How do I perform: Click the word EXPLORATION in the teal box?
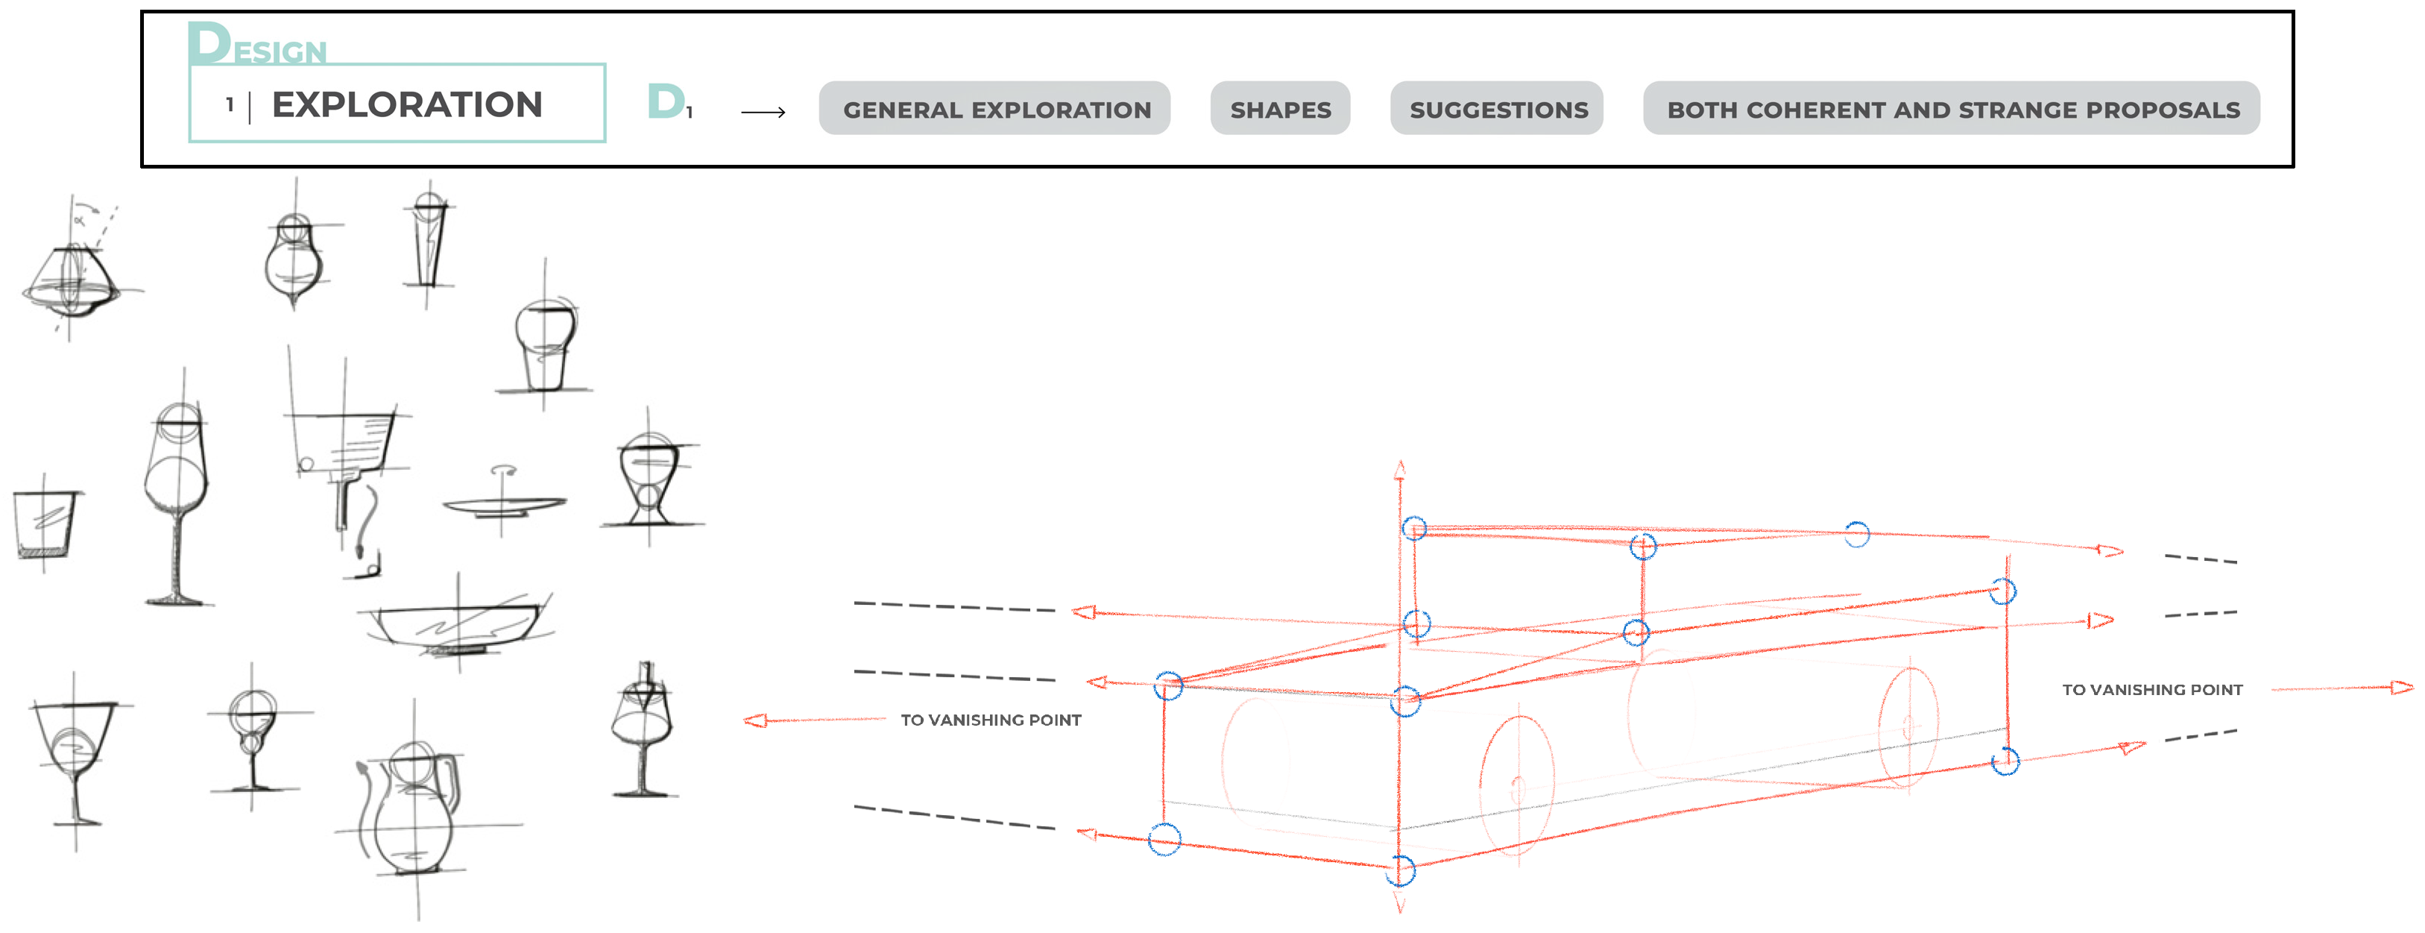click(407, 104)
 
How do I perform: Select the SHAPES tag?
click(1280, 108)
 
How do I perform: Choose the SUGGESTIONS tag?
click(1497, 108)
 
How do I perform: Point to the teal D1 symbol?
click(669, 101)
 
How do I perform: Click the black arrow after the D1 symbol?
click(763, 112)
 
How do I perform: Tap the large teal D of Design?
click(208, 43)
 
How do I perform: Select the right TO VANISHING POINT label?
click(2152, 690)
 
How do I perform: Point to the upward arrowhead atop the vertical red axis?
click(1400, 469)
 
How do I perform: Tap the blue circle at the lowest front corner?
click(1401, 871)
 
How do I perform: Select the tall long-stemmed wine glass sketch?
click(177, 503)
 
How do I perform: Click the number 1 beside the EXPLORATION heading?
click(230, 104)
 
